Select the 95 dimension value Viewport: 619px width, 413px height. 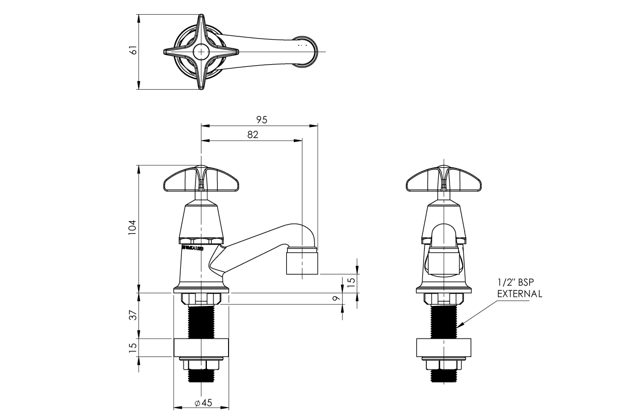[x=262, y=120]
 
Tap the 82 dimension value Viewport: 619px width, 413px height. [x=252, y=134]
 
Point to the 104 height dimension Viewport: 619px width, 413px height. [x=132, y=227]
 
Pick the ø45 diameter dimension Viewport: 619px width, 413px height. [x=201, y=403]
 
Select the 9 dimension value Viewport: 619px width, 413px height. [x=337, y=298]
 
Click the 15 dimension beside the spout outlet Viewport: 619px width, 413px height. [x=351, y=282]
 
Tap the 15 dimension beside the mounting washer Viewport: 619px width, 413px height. [x=132, y=348]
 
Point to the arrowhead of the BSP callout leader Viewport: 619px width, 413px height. [x=459, y=326]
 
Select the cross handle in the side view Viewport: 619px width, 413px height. [x=201, y=180]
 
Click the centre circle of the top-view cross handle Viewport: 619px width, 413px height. [x=201, y=52]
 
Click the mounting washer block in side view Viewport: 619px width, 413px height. [x=201, y=348]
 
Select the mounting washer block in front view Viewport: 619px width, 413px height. [x=445, y=348]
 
